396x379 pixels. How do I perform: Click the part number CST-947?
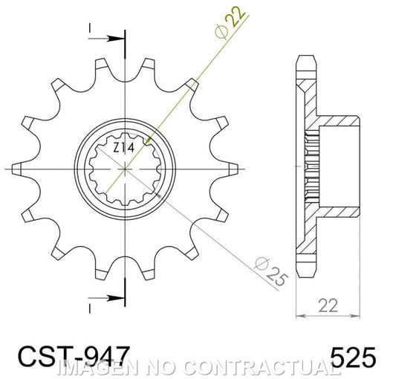[x=74, y=357]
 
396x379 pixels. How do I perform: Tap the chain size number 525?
[x=353, y=357]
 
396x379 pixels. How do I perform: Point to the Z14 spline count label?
[x=124, y=149]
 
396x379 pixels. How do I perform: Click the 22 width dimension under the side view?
[x=328, y=305]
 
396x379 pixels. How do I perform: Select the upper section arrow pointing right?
[x=106, y=39]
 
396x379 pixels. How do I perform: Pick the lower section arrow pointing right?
[x=106, y=298]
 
